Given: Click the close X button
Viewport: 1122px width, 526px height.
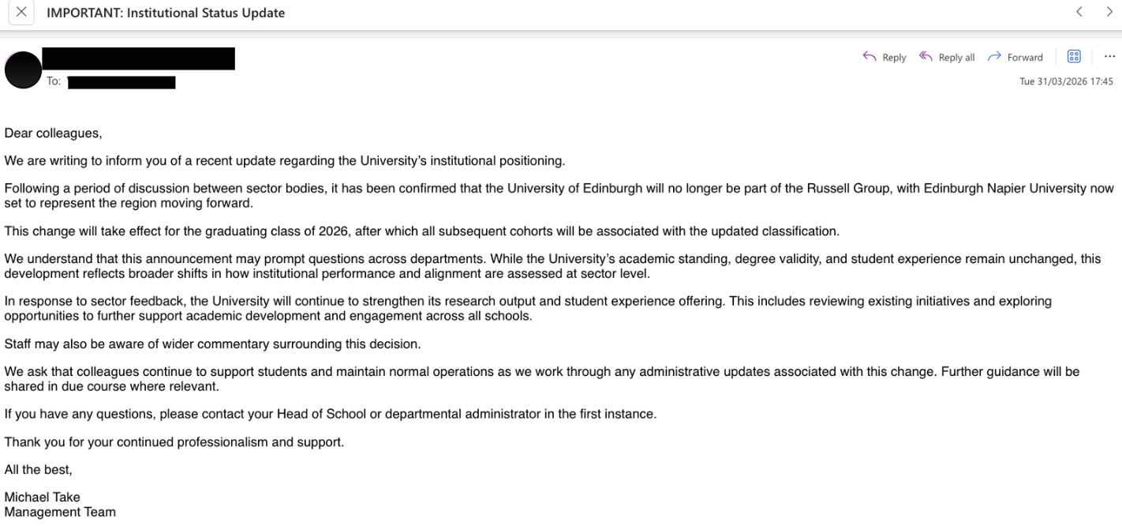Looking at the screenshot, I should coord(21,12).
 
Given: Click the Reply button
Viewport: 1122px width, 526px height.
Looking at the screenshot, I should coord(885,57).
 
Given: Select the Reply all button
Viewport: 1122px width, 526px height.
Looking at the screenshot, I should coord(947,57).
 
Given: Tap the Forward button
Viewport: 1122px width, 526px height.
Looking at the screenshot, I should coord(1015,57).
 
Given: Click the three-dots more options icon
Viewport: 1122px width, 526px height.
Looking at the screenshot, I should coord(1110,56).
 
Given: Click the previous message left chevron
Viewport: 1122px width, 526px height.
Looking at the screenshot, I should coord(1079,12).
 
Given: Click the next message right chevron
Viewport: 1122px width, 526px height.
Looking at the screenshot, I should coord(1109,12).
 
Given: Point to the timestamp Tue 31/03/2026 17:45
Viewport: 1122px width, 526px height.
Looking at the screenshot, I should coord(1066,81).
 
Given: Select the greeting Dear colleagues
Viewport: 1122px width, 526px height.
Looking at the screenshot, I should coord(53,133).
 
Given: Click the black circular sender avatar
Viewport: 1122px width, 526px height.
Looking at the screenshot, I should coord(23,70).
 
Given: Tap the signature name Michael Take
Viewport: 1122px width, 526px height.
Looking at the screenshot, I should coord(42,498).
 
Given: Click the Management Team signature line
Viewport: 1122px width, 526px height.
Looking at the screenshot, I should coord(60,512).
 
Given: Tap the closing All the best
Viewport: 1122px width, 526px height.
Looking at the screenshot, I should coord(38,470).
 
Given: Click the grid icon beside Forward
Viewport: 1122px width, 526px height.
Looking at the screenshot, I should coord(1073,56).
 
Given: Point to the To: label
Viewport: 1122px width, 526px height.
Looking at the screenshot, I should coord(54,81).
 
